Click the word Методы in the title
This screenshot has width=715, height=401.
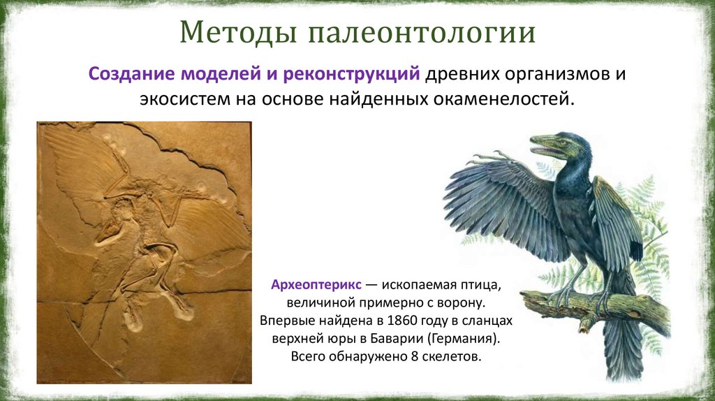(x=238, y=32)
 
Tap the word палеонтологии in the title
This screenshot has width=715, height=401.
(x=422, y=34)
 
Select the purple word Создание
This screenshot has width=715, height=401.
(x=132, y=73)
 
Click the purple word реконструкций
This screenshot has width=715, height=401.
(x=351, y=74)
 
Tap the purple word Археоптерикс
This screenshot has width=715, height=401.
(x=316, y=285)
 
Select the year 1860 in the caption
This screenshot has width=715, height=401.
(x=401, y=321)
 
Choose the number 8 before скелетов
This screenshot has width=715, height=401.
(x=415, y=356)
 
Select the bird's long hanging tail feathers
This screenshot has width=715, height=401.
(x=620, y=347)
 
